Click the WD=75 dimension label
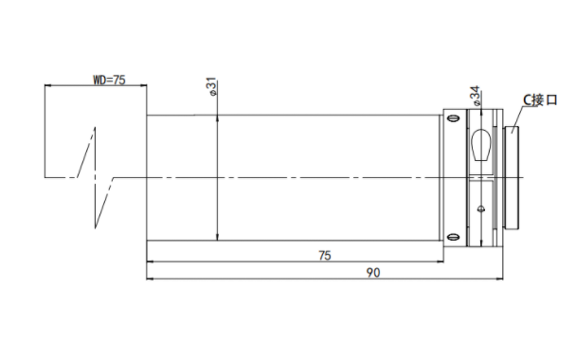coord(109,80)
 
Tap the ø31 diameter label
coord(213,87)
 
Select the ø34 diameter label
coord(476,96)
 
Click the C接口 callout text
coord(540,99)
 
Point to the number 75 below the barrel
coord(325,255)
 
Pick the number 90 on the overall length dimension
coord(373,273)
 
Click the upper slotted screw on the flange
coord(455,117)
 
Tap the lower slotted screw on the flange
coord(455,237)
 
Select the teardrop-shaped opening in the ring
coord(481,145)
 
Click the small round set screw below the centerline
coord(481,209)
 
